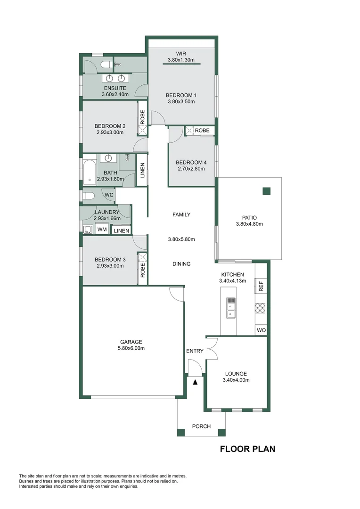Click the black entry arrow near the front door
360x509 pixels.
coord(195,382)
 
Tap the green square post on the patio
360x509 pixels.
coord(267,191)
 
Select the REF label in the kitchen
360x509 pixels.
coord(261,286)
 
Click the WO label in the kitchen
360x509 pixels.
coord(261,330)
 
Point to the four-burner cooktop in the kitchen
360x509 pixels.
coord(260,308)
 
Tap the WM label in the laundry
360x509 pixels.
coord(102,229)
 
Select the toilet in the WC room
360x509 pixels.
coord(88,196)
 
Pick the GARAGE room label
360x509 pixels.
coord(131,342)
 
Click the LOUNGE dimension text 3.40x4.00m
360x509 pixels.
coord(236,380)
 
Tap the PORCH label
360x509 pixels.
coord(201,426)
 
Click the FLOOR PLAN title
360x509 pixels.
coord(248,449)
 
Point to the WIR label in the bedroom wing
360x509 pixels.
coord(181,54)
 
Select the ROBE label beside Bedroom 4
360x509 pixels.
coord(202,131)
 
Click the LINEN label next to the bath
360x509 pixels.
coord(142,170)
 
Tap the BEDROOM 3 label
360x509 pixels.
coord(110,260)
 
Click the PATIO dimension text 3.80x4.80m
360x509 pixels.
coord(249,224)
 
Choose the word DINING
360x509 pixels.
coord(181,264)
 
